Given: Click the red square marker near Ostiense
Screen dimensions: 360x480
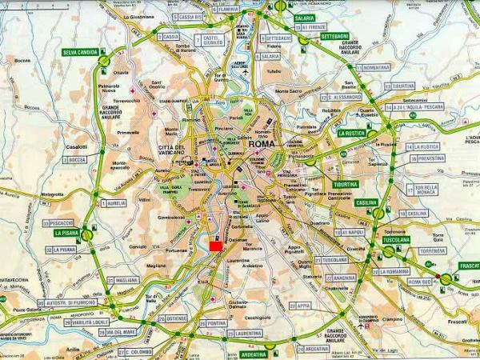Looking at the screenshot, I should pyautogui.click(x=214, y=246).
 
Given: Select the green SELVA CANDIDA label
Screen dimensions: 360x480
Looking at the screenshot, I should pyautogui.click(x=80, y=53).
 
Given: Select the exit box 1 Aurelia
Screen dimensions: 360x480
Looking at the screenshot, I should pyautogui.click(x=114, y=203).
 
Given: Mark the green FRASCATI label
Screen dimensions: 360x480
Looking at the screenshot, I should pyautogui.click(x=466, y=266).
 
